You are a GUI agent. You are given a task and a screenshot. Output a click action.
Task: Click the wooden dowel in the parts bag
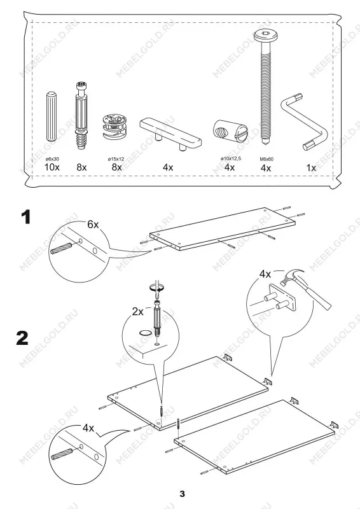[52, 116]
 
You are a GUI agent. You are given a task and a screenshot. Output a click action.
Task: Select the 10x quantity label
[52, 167]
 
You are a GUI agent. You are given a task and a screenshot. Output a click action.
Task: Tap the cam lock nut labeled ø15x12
[114, 127]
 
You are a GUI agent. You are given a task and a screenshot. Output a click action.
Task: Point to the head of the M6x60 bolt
[265, 35]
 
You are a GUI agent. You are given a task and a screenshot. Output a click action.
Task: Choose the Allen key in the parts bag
[304, 122]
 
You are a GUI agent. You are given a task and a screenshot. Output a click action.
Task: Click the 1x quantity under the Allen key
[311, 167]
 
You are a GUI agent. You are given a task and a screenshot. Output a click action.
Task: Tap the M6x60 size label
[267, 159]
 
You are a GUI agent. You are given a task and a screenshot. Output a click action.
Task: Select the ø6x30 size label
[52, 159]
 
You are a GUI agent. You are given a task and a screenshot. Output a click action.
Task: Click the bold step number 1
[26, 217]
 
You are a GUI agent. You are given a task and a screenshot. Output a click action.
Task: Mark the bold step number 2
[22, 338]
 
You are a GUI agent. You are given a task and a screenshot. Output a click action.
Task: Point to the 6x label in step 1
[93, 225]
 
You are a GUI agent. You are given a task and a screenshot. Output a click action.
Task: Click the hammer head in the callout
[292, 277]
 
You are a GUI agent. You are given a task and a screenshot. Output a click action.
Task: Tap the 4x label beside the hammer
[265, 274]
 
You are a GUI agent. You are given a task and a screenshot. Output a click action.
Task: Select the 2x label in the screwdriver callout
[137, 312]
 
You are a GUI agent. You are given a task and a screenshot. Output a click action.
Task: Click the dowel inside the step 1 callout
[61, 248]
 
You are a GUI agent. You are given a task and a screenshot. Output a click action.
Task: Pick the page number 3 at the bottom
[182, 494]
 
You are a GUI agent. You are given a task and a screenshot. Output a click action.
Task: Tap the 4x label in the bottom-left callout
[88, 428]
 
